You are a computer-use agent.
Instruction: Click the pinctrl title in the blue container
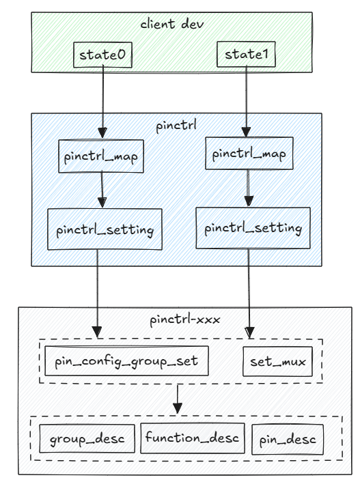177,128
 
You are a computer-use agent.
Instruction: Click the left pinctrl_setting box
105,230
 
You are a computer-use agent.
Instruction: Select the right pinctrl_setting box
249,226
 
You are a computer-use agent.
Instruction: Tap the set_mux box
277,362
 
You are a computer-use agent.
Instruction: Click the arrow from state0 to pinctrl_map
102,102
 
